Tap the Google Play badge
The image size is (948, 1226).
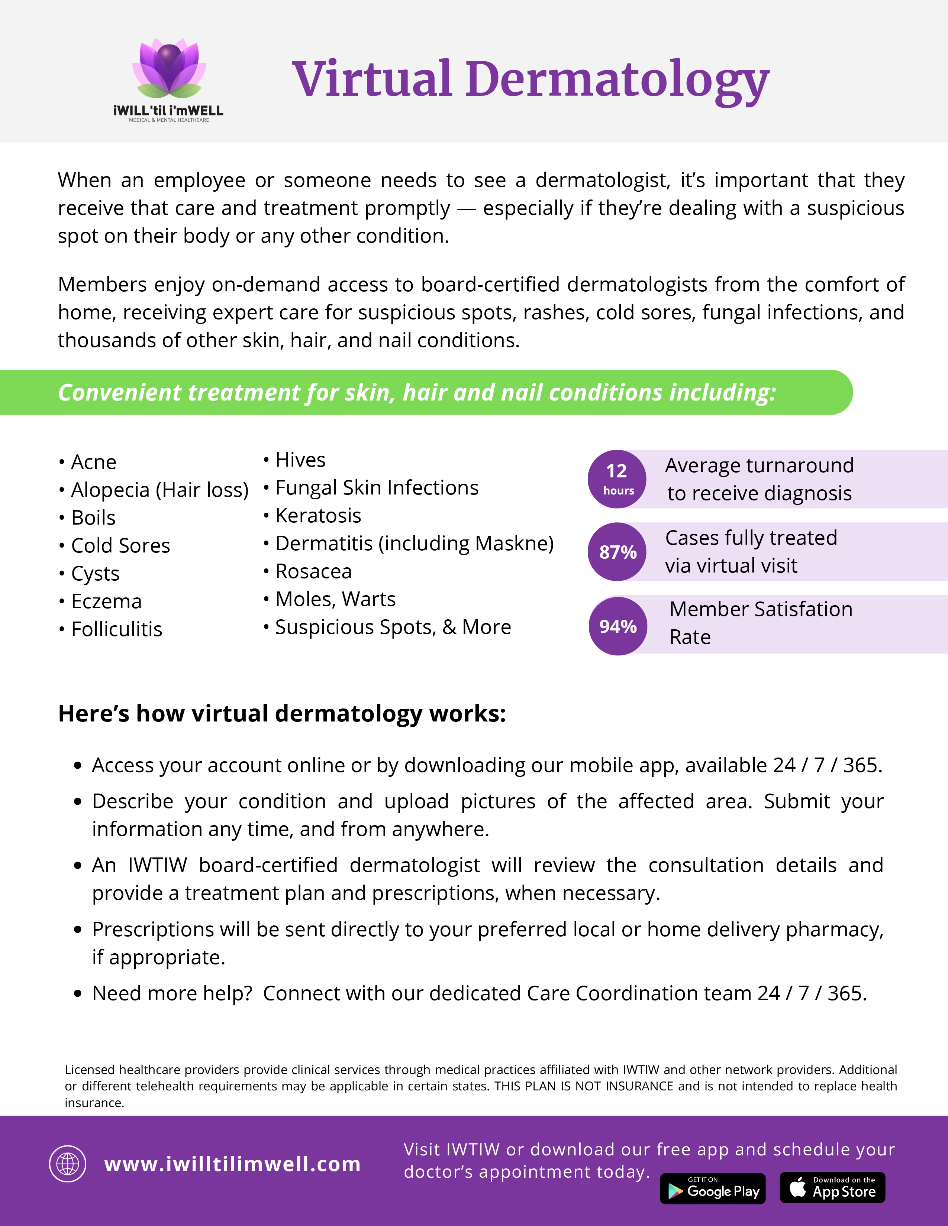[713, 1188]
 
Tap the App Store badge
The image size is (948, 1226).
[832, 1187]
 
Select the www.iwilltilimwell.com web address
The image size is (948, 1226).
[232, 1164]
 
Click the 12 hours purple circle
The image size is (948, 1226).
[617, 479]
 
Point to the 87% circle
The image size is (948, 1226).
[617, 552]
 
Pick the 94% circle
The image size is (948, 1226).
[618, 626]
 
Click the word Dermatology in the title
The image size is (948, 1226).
[617, 80]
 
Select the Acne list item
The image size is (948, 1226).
[93, 462]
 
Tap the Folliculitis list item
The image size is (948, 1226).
[116, 629]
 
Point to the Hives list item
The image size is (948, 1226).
[300, 460]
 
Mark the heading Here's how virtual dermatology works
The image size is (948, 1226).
[282, 713]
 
